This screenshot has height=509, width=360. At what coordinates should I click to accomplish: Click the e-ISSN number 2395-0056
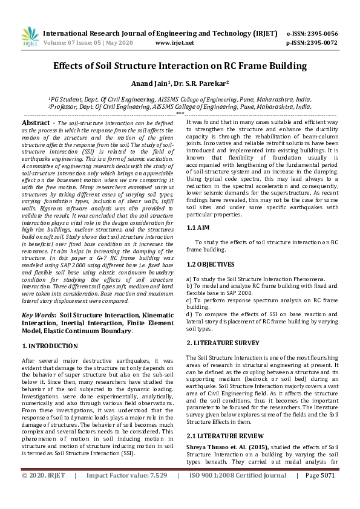[320, 33]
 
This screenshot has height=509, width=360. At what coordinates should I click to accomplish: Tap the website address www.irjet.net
[175, 43]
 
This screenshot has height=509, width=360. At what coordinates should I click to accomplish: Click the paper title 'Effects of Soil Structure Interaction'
[180, 66]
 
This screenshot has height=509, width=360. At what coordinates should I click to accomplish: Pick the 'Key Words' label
[38, 315]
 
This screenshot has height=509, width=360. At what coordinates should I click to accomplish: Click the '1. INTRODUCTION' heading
[50, 346]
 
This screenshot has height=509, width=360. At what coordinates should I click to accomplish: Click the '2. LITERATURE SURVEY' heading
[223, 342]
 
